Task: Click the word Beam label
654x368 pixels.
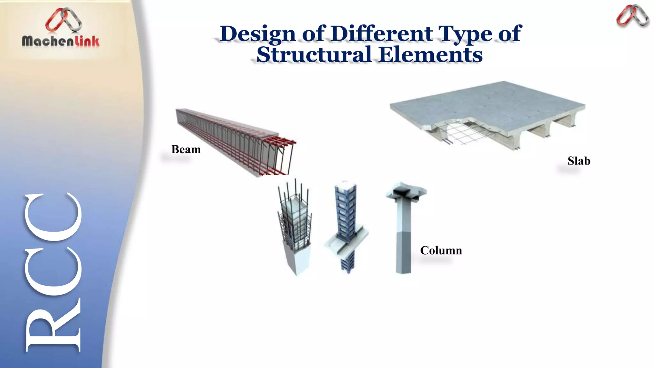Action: click(x=186, y=149)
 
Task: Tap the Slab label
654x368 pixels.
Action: click(x=579, y=161)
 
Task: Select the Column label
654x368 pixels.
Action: click(x=441, y=250)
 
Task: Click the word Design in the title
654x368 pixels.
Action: click(x=257, y=34)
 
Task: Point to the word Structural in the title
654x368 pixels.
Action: click(x=314, y=55)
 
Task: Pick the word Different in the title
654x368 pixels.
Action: click(x=382, y=34)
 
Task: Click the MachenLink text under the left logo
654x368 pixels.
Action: click(x=60, y=41)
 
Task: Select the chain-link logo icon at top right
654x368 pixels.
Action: click(x=632, y=16)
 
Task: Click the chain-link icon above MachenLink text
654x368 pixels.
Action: click(x=64, y=20)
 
